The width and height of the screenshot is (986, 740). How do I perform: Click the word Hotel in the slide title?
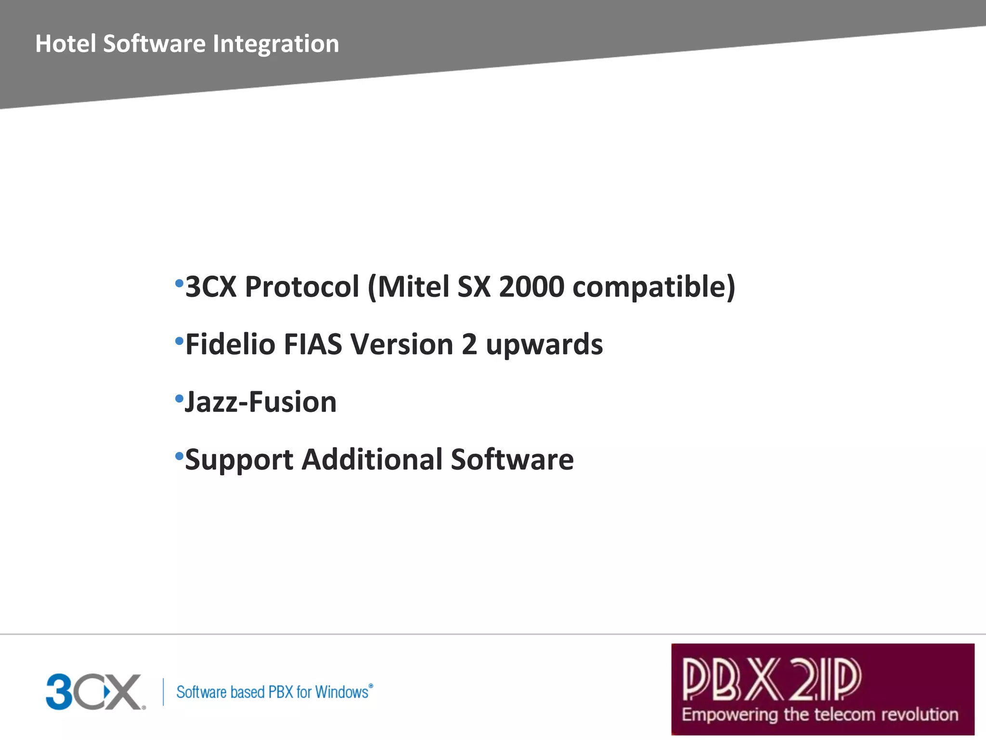coord(65,44)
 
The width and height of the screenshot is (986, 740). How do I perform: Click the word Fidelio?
coord(230,344)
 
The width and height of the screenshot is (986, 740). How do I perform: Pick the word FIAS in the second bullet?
coord(312,344)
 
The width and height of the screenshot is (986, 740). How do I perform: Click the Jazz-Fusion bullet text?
coord(260,402)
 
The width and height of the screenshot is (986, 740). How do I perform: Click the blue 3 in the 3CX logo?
coord(59,692)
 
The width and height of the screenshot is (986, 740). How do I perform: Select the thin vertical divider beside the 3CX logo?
coord(163,692)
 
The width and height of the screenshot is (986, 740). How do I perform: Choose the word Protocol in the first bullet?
coord(302,287)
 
